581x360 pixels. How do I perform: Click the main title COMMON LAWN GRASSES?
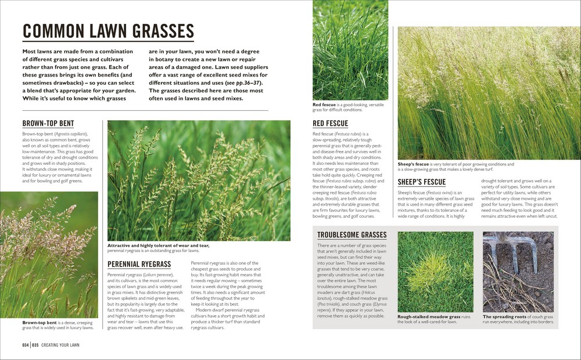[x=108, y=31]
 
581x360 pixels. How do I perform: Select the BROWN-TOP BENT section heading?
[x=48, y=124]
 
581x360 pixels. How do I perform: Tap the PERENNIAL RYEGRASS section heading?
[x=139, y=264]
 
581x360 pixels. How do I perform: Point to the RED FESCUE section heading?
[x=330, y=124]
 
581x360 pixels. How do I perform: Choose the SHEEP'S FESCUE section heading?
[x=421, y=182]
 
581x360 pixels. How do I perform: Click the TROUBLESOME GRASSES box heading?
[x=352, y=235]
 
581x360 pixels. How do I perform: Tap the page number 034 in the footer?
[x=26, y=345]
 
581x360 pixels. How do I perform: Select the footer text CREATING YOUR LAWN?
[x=60, y=345]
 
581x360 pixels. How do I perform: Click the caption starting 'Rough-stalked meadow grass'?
[x=429, y=319]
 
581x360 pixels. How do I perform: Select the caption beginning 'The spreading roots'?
[x=518, y=319]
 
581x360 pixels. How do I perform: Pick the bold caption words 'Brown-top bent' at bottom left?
[x=40, y=322]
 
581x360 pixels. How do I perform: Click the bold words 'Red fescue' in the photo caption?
[x=325, y=105]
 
